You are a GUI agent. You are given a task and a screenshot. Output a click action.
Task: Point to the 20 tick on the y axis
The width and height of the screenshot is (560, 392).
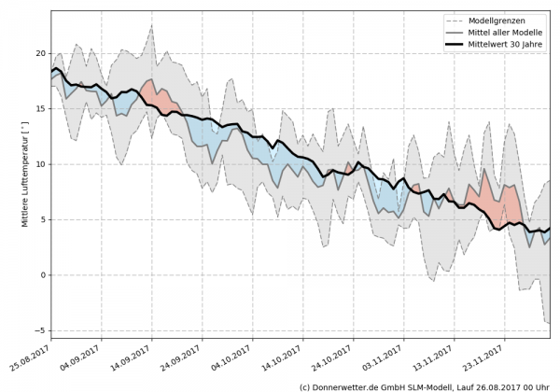[38, 53]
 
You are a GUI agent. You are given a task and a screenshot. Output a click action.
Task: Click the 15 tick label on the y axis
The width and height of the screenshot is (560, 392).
[38, 108]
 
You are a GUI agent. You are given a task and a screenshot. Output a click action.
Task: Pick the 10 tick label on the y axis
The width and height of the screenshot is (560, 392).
[38, 164]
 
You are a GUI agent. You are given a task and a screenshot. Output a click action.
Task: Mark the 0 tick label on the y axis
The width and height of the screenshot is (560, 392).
[41, 275]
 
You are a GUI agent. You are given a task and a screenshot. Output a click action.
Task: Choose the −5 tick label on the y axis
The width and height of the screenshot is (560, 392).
[38, 330]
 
